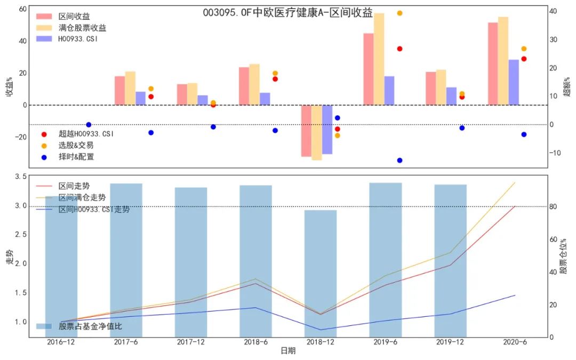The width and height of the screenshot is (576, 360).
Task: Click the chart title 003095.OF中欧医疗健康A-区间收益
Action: pyautogui.click(x=287, y=12)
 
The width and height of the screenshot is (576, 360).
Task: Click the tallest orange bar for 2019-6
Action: pyautogui.click(x=379, y=59)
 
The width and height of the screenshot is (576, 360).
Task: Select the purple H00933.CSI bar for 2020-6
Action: pyautogui.click(x=514, y=82)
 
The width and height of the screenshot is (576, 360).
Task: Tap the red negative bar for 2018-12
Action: pyautogui.click(x=306, y=131)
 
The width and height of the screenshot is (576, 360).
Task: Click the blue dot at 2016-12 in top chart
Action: pyautogui.click(x=89, y=125)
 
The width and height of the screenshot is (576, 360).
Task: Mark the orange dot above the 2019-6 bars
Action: pyautogui.click(x=399, y=13)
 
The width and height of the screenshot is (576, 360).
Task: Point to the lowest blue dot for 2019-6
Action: pyautogui.click(x=399, y=160)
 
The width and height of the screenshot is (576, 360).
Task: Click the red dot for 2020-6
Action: pyautogui.click(x=524, y=59)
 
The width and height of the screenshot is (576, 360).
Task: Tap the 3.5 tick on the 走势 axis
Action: pyautogui.click(x=20, y=177)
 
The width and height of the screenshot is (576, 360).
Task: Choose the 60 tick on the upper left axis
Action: pyautogui.click(x=22, y=9)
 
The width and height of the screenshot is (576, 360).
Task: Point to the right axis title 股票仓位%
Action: pyautogui.click(x=564, y=257)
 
